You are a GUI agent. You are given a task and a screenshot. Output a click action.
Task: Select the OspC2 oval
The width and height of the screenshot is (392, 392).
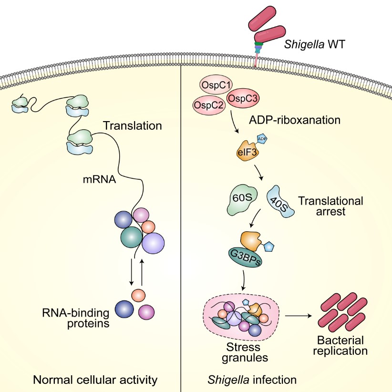(x=209, y=105)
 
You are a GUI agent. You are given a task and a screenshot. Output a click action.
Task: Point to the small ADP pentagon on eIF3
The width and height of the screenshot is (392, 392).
(x=262, y=139)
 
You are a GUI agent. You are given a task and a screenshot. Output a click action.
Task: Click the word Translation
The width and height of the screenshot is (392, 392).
(x=133, y=126)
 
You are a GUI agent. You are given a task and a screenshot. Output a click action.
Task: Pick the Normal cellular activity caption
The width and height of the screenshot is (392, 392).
(x=95, y=380)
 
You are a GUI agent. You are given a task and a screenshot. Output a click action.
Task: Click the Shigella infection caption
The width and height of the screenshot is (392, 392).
(x=252, y=380)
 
